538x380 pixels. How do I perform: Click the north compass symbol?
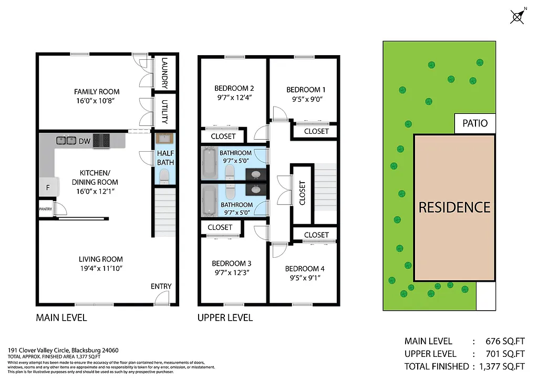coord(518,17)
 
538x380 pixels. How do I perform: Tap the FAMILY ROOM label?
coord(97,92)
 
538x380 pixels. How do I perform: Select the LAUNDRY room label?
coord(165,73)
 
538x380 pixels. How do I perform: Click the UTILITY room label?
coord(165,111)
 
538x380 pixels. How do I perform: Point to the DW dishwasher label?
coord(85,141)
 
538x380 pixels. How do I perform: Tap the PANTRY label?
coord(46,208)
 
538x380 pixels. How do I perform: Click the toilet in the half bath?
coord(164,175)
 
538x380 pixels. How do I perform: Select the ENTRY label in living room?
coord(161,286)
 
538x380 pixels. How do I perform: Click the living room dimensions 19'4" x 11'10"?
coord(101,269)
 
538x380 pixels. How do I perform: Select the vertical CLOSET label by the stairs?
coord(302,194)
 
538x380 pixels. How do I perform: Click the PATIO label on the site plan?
coord(475,124)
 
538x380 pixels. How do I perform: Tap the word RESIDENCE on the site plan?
coord(454,207)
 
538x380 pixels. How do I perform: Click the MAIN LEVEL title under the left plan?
coord(61,318)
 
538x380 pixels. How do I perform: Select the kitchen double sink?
coord(66,140)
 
